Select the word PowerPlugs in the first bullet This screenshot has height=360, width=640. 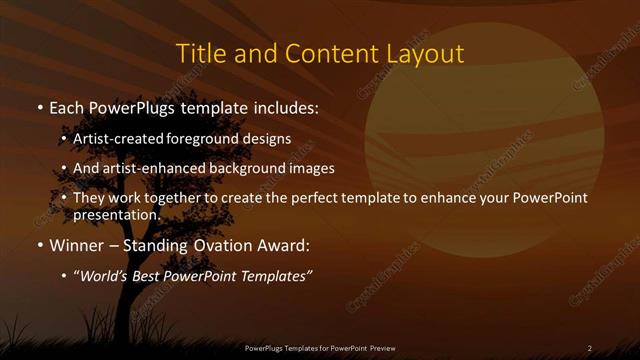point(128,106)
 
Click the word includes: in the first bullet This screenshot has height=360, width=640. point(286,106)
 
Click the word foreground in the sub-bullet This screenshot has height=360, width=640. point(210,140)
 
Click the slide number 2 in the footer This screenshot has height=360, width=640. point(589,348)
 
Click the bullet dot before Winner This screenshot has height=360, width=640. point(39,245)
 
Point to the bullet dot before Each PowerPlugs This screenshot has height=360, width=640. point(39,107)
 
